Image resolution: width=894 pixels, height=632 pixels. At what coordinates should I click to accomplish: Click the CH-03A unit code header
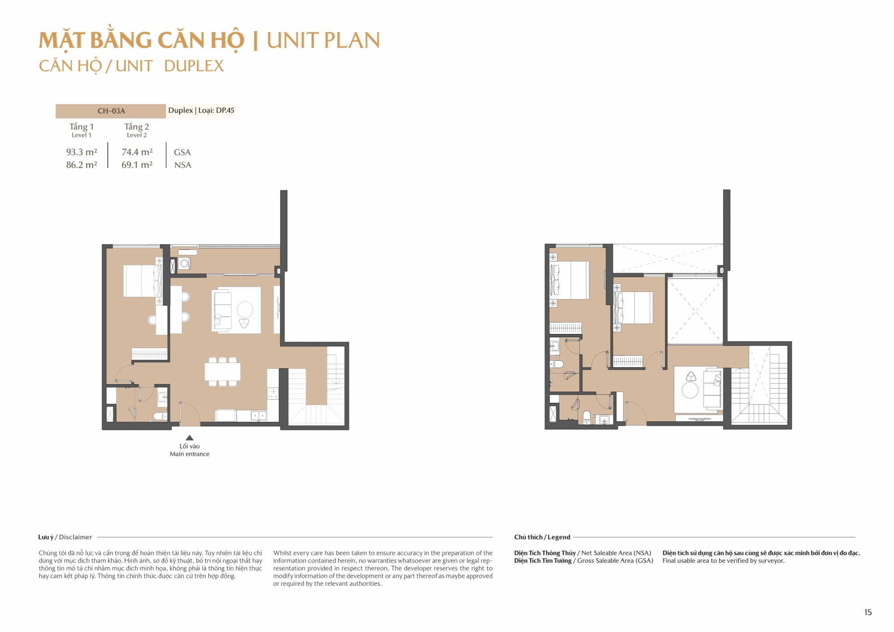111,111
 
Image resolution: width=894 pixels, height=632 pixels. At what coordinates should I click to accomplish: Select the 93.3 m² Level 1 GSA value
82,152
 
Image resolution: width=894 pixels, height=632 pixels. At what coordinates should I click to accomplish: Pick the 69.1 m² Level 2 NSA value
137,165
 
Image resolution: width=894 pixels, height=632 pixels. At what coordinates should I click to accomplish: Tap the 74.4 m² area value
137,152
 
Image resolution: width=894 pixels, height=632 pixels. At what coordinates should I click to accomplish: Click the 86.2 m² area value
82,165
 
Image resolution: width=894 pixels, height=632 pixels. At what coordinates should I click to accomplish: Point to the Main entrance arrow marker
190,438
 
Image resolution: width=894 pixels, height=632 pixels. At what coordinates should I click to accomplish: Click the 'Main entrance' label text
190,454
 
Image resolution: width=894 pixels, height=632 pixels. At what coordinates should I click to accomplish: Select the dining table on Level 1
223,371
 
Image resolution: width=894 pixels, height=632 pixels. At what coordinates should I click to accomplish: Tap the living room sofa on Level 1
222,310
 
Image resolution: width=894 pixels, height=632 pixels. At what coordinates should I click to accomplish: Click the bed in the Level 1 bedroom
143,281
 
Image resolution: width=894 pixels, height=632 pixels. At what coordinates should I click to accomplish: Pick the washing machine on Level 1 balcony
184,264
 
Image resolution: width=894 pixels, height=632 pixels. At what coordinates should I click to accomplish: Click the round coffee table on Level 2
690,390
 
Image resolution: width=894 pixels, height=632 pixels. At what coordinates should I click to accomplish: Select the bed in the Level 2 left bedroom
569,280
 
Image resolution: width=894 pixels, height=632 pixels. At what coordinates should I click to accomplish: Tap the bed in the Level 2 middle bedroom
633,308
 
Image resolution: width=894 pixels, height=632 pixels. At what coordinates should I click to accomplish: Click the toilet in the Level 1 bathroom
160,417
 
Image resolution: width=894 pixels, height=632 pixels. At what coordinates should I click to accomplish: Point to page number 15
868,612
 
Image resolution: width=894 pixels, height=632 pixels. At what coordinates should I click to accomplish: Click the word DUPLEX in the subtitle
194,66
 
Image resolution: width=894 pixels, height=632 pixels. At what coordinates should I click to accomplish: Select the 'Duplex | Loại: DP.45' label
201,110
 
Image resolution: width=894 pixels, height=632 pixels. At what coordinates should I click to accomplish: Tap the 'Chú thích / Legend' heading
542,537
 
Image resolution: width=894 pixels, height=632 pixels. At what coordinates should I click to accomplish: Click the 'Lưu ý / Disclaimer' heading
65,537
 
